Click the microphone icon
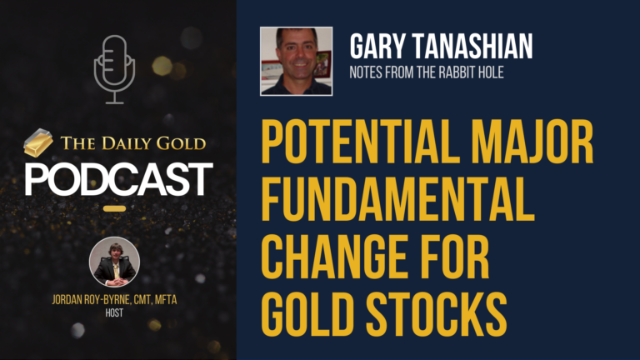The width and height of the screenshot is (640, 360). pos(114,68)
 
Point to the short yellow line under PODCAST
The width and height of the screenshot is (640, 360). pos(115,208)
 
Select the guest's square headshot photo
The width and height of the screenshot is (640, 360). pos(296,61)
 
